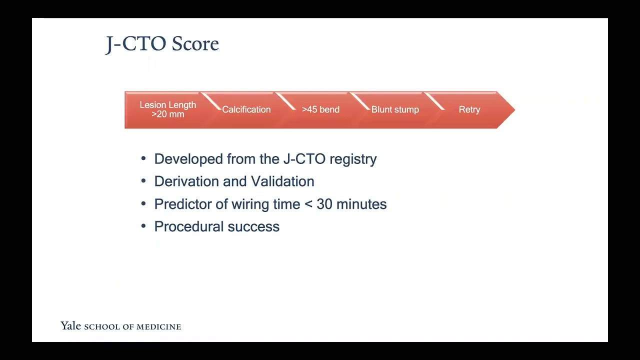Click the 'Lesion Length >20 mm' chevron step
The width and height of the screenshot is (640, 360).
(x=167, y=109)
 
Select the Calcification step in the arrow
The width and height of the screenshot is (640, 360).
(x=246, y=109)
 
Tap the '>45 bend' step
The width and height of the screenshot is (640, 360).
(x=320, y=109)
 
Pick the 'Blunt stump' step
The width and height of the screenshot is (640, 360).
(x=395, y=109)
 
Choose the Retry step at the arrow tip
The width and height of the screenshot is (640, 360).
(x=469, y=109)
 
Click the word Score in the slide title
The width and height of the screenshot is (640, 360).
(x=195, y=44)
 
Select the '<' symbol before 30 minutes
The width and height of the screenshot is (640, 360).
(x=308, y=204)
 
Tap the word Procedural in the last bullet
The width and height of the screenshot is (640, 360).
(x=189, y=226)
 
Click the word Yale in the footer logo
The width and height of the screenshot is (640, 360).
(x=70, y=326)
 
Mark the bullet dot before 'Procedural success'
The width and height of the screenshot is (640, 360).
(x=143, y=226)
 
